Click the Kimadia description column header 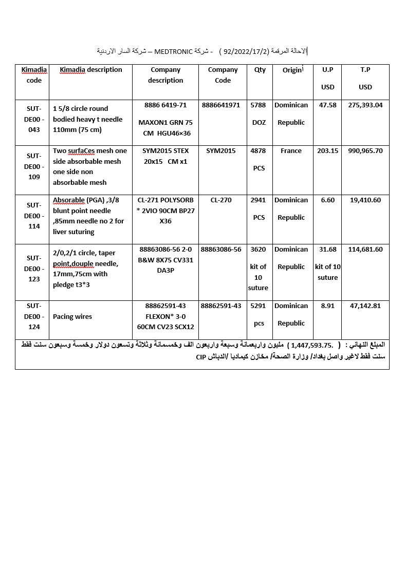91,70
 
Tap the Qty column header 260,70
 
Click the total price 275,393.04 365,105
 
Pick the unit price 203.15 328,151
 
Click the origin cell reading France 291,151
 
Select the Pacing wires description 72,317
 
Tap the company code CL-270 221,200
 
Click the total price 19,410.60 365,200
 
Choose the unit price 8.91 328,306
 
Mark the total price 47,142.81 365,306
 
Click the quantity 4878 258,151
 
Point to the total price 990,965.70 365,151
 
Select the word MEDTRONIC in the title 174,51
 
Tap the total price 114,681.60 365,250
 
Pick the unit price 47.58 328,105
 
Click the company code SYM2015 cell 221,151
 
